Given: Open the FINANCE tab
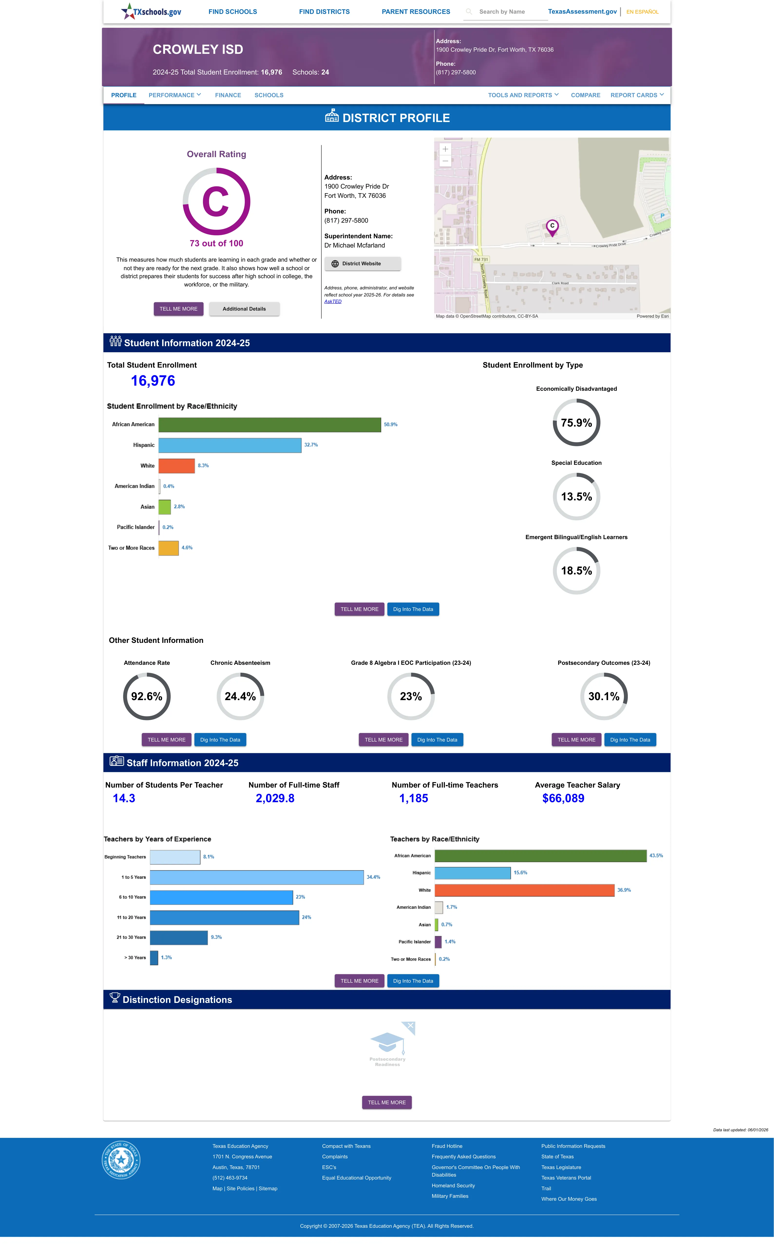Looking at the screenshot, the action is tap(228, 95).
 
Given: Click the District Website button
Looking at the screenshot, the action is tap(363, 264).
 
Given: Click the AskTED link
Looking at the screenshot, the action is tap(333, 301).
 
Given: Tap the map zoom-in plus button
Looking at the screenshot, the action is tap(445, 149).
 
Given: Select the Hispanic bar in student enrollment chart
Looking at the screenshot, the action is tap(230, 445).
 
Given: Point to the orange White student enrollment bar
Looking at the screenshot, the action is tap(177, 466).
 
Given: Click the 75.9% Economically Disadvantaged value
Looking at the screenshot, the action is tap(576, 423).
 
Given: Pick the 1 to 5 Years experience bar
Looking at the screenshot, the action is tap(257, 877).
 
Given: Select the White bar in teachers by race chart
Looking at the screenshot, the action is tap(525, 890).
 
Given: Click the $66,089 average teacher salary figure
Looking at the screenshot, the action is tap(563, 798).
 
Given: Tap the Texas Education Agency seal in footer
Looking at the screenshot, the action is tap(121, 1160).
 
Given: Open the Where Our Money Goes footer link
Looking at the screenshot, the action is tap(569, 1199).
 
